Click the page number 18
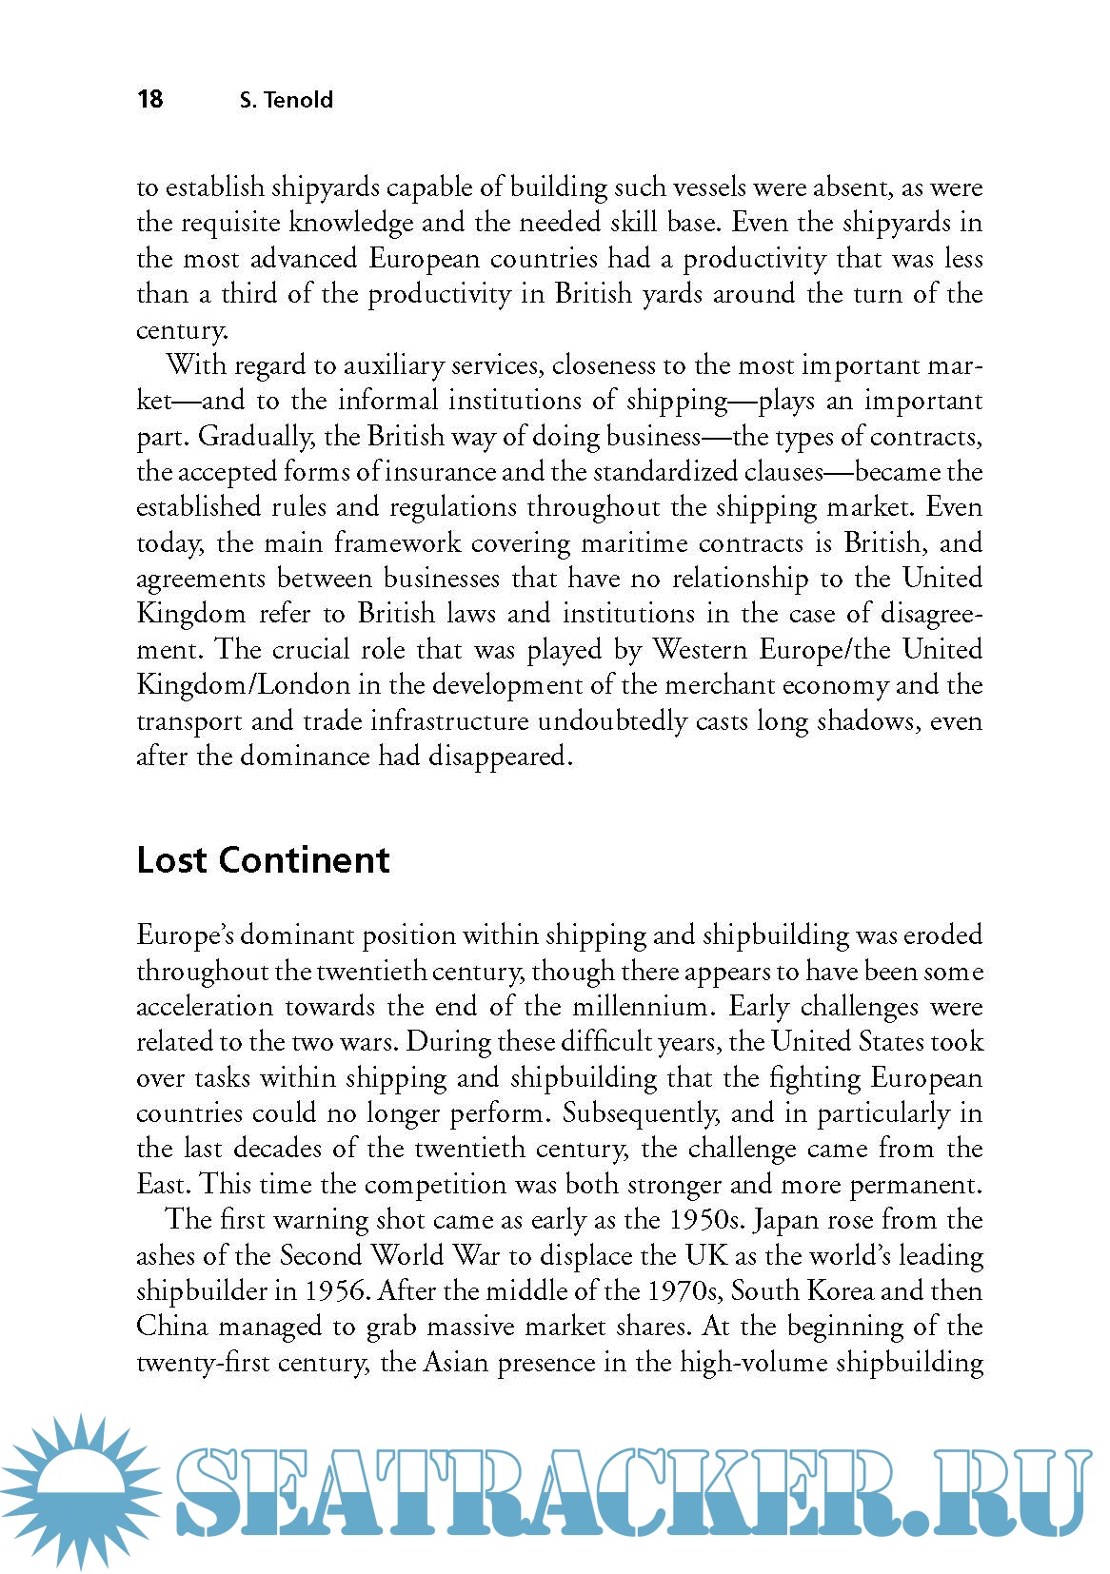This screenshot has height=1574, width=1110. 150,99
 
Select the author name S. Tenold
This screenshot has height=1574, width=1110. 286,100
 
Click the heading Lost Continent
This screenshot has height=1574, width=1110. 263,859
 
